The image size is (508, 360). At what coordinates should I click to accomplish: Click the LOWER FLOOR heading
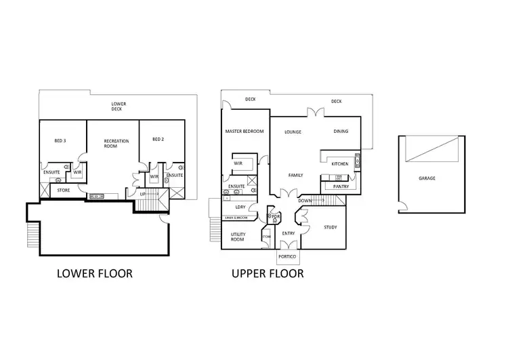click(94, 274)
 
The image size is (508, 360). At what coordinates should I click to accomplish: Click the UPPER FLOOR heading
click(267, 274)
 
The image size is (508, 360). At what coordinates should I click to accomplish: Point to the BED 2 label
click(158, 139)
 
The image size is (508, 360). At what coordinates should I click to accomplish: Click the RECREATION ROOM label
click(112, 144)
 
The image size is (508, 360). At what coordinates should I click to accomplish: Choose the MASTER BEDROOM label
click(244, 131)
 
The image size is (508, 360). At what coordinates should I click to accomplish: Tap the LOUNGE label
click(293, 132)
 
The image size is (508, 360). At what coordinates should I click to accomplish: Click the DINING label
click(341, 132)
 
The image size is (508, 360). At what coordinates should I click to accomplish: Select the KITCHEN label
click(340, 164)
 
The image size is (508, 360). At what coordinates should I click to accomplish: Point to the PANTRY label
click(341, 186)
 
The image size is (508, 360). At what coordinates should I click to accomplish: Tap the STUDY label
click(330, 227)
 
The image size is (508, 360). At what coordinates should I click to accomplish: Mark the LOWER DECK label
click(119, 107)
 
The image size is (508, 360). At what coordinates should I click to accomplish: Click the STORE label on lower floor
click(63, 191)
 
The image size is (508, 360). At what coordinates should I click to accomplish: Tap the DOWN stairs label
click(305, 201)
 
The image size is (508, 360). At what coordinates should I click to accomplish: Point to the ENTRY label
click(287, 233)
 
